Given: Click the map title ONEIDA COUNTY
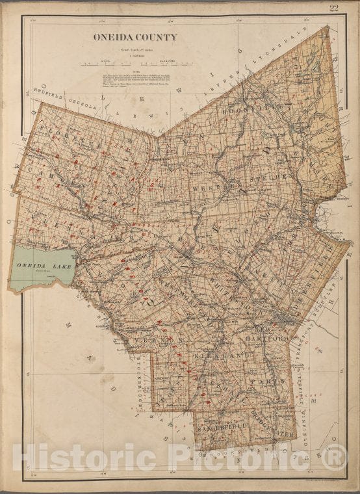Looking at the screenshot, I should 135,37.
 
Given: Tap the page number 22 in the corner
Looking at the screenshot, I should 335,8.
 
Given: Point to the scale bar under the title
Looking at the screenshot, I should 137,64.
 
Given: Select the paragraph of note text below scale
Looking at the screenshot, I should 137,83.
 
